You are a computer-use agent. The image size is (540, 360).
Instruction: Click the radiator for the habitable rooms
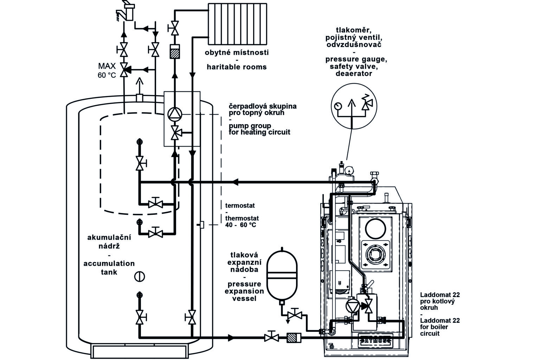237,24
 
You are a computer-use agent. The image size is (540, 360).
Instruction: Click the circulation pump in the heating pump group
175,114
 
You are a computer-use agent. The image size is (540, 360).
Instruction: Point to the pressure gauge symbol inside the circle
338,106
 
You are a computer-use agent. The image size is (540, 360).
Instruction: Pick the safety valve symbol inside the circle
367,103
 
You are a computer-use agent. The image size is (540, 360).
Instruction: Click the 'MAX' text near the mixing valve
107,66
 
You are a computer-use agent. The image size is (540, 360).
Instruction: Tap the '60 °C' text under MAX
107,75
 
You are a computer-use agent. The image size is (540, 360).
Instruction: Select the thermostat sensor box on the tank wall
202,225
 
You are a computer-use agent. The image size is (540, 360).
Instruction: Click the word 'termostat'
240,205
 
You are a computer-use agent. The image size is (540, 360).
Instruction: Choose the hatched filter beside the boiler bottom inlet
294,337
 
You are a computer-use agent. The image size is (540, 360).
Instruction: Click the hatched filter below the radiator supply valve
175,51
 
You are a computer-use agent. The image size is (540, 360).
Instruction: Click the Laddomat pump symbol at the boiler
353,306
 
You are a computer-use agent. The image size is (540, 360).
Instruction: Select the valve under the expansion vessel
295,314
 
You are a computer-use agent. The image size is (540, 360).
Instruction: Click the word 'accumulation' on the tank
109,263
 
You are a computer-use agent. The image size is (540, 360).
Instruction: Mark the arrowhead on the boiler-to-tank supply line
235,182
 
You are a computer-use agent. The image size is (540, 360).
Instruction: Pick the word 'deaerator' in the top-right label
354,73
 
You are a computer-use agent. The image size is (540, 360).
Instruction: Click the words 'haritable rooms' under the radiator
237,67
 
